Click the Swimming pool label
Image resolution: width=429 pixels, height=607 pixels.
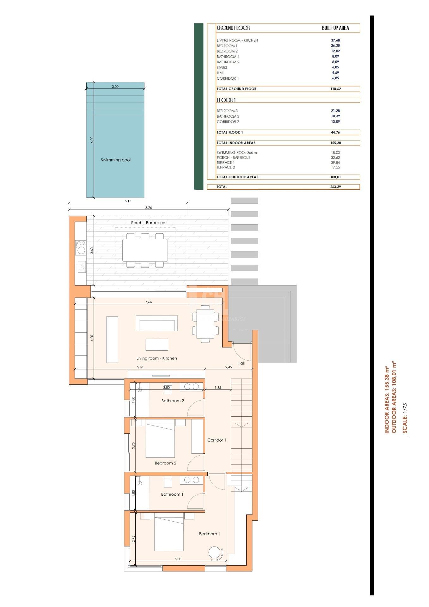click(115, 160)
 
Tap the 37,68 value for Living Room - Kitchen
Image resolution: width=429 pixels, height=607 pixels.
click(335, 40)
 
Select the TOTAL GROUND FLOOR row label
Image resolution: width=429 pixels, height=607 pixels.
click(236, 89)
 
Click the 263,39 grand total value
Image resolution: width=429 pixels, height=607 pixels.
click(335, 187)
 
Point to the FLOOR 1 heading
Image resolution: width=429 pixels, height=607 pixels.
click(226, 100)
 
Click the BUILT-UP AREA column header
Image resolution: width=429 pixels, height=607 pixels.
click(335, 28)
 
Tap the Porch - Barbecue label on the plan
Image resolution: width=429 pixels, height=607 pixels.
click(148, 223)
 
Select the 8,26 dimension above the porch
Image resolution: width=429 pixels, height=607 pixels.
click(148, 208)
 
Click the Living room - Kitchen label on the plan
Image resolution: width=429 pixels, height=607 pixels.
click(156, 358)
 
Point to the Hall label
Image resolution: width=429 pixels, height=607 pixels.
click(241, 363)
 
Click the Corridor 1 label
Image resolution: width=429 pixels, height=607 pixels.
click(217, 440)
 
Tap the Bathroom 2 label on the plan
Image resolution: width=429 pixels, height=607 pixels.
click(173, 401)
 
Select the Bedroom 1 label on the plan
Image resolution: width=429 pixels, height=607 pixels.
click(209, 534)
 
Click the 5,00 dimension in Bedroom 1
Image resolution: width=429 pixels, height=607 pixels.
click(178, 559)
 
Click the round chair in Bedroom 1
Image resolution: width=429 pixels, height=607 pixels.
click(216, 552)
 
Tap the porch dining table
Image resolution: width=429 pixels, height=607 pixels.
click(145, 250)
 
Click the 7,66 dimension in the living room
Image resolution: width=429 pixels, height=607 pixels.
click(148, 302)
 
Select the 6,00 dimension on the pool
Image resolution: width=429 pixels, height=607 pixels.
click(92, 140)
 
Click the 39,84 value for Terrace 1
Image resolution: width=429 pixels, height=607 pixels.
click(335, 162)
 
